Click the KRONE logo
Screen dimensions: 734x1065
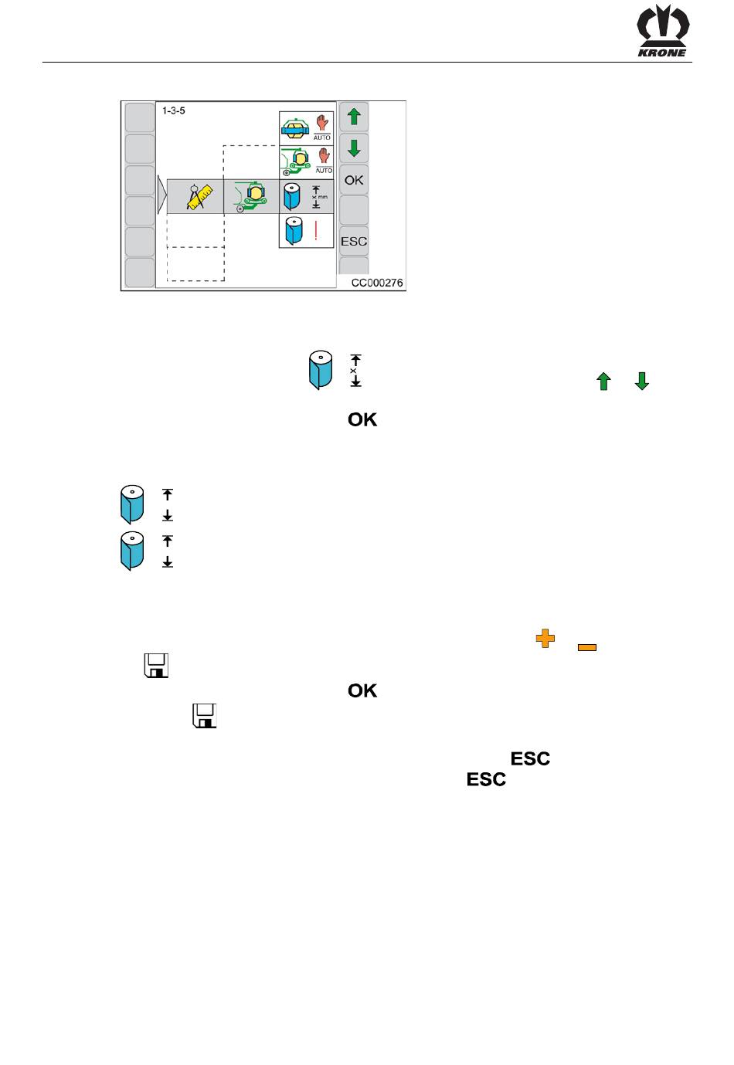[x=663, y=31]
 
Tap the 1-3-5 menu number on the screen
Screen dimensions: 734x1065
[x=173, y=110]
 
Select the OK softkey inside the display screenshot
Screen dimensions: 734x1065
[x=353, y=180]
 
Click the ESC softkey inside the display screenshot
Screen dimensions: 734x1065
[x=353, y=242]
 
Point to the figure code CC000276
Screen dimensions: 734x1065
[x=377, y=283]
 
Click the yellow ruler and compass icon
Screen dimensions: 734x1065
[x=199, y=196]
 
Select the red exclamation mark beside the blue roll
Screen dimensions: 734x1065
[x=316, y=230]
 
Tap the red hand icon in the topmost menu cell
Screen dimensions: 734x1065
[x=322, y=122]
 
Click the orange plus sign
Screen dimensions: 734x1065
[x=545, y=638]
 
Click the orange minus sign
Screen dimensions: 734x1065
[x=587, y=647]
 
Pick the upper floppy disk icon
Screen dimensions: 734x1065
[x=156, y=665]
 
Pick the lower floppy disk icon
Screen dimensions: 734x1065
[x=204, y=716]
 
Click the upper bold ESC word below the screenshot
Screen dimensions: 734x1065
[x=530, y=759]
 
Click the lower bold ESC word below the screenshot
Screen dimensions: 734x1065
[x=486, y=779]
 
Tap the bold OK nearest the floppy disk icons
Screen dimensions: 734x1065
[x=362, y=691]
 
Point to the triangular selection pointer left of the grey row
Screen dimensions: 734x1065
[x=161, y=195]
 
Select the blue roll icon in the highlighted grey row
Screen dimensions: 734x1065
[x=291, y=196]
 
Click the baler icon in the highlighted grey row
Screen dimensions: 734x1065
[x=250, y=196]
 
